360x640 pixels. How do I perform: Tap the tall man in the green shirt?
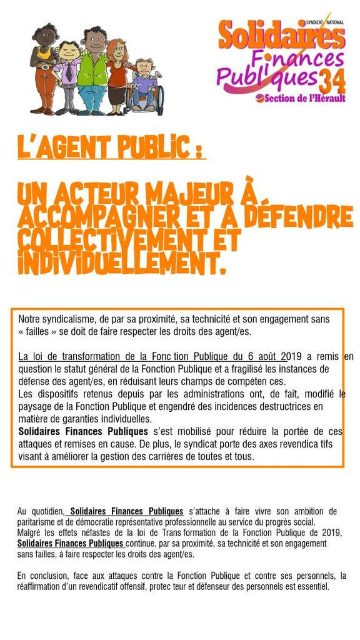(x=93, y=69)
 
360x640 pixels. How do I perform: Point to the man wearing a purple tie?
(x=68, y=74)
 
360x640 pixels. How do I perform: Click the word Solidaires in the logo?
(x=281, y=36)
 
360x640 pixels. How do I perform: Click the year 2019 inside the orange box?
(x=294, y=357)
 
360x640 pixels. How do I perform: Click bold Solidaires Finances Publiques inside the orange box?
(x=83, y=432)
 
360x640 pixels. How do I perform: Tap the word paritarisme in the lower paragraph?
(x=38, y=522)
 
